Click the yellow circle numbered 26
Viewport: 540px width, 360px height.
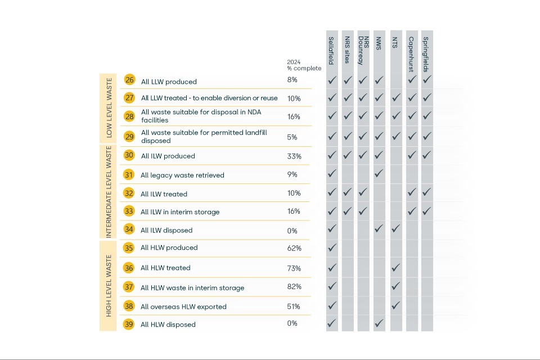tap(129, 80)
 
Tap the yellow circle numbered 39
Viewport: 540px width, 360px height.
tap(129, 324)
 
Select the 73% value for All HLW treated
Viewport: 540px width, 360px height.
tap(294, 268)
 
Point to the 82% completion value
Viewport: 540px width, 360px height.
tap(294, 287)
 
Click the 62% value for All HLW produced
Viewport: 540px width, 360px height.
tap(294, 248)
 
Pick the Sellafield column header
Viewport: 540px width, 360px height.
tap(332, 51)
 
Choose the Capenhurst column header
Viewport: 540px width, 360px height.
tap(412, 51)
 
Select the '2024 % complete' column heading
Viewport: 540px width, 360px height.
tap(304, 65)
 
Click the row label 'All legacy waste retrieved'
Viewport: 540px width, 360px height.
tap(182, 175)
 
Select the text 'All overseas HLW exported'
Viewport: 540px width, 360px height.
tap(183, 307)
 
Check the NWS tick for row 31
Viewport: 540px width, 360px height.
tap(379, 173)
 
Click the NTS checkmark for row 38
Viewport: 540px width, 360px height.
tap(395, 305)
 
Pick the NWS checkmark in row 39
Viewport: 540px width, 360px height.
tap(379, 323)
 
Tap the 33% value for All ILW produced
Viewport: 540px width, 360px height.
tap(294, 155)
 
